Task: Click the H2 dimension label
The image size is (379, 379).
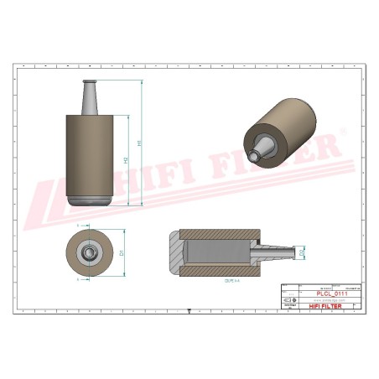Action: tap(126, 159)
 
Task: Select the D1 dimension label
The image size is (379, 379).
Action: tap(122, 252)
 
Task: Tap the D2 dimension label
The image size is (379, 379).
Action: tap(302, 250)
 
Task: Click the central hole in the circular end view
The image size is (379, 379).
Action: tap(87, 252)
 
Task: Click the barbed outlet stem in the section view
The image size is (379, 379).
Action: tap(277, 250)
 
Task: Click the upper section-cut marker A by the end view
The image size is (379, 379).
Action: tap(78, 226)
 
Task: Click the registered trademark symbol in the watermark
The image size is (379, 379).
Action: tap(340, 132)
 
